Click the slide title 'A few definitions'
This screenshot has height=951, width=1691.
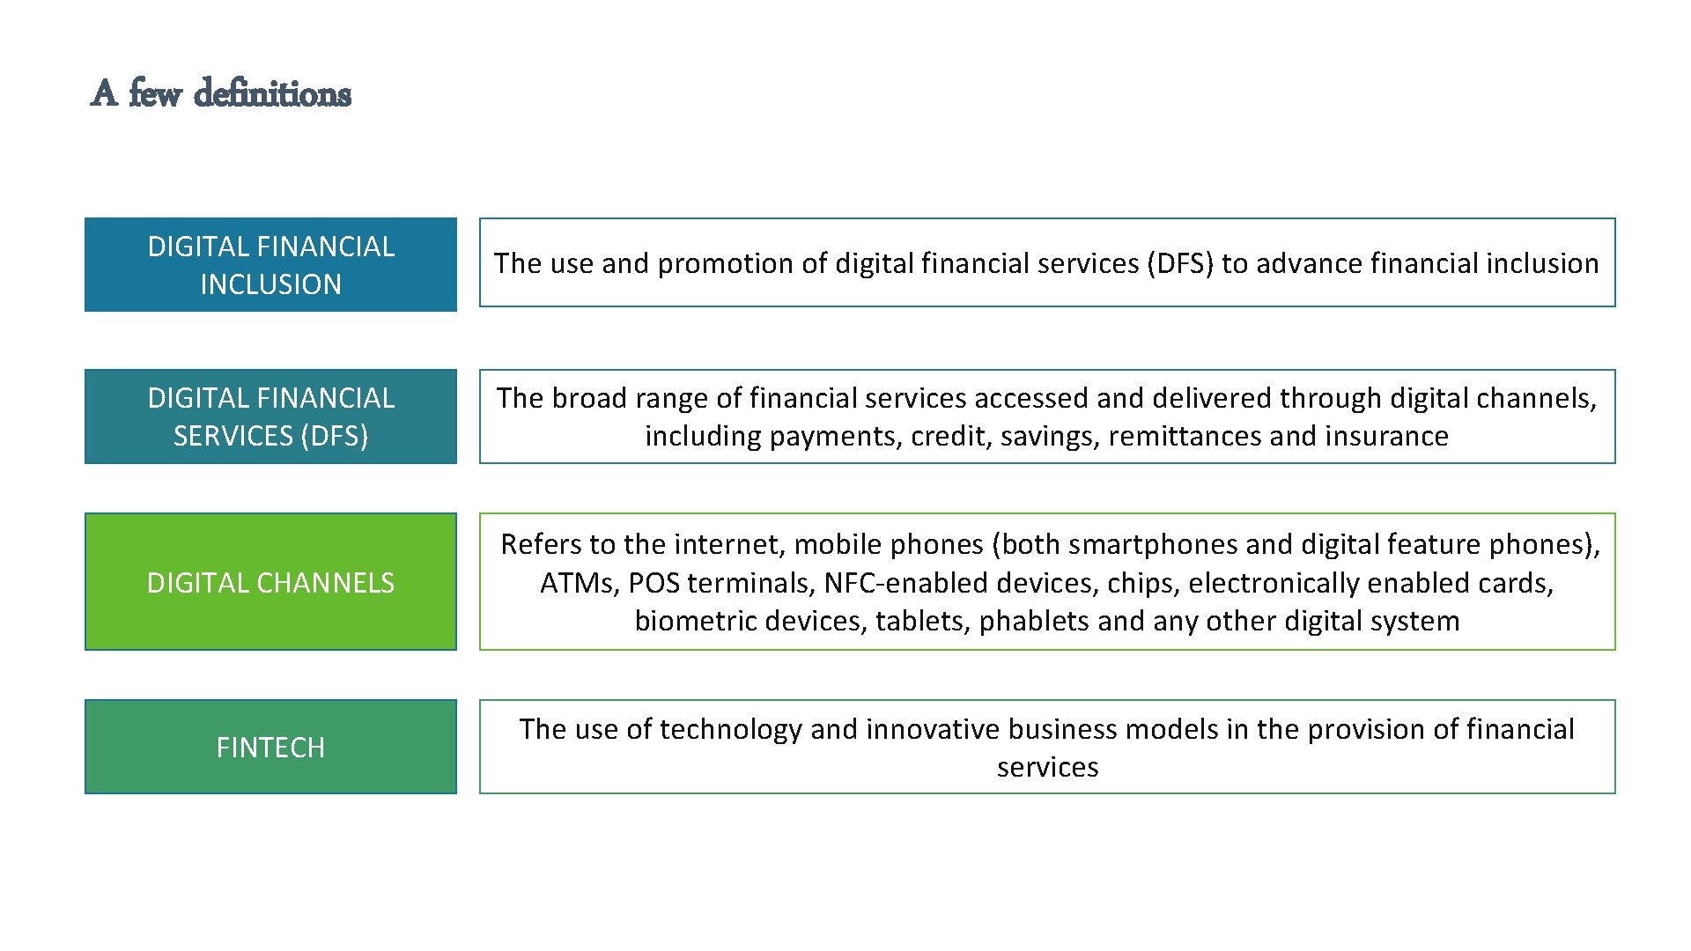point(221,93)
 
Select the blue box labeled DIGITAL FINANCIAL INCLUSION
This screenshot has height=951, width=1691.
point(270,264)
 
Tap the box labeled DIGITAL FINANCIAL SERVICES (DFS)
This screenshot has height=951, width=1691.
point(270,417)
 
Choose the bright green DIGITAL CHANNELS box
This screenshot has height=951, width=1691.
point(270,582)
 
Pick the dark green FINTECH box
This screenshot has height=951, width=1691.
point(270,747)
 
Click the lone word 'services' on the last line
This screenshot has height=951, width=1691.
point(1047,767)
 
